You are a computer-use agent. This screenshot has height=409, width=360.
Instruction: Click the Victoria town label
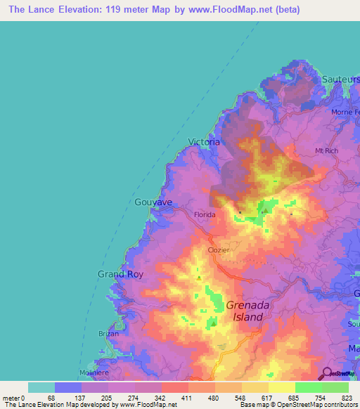point(205,142)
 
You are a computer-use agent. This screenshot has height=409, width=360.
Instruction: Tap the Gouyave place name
point(153,202)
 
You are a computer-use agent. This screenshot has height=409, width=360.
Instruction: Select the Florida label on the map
point(205,213)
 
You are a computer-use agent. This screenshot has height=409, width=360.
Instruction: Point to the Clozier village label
point(219,249)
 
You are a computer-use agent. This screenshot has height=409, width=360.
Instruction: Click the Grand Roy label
point(120,274)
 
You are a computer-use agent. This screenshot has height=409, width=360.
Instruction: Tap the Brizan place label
point(108,334)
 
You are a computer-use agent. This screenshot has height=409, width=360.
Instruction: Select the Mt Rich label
point(328,150)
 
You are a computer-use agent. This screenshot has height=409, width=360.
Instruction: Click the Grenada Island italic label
point(245,311)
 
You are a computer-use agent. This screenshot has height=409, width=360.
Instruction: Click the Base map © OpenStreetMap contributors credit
point(297,405)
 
